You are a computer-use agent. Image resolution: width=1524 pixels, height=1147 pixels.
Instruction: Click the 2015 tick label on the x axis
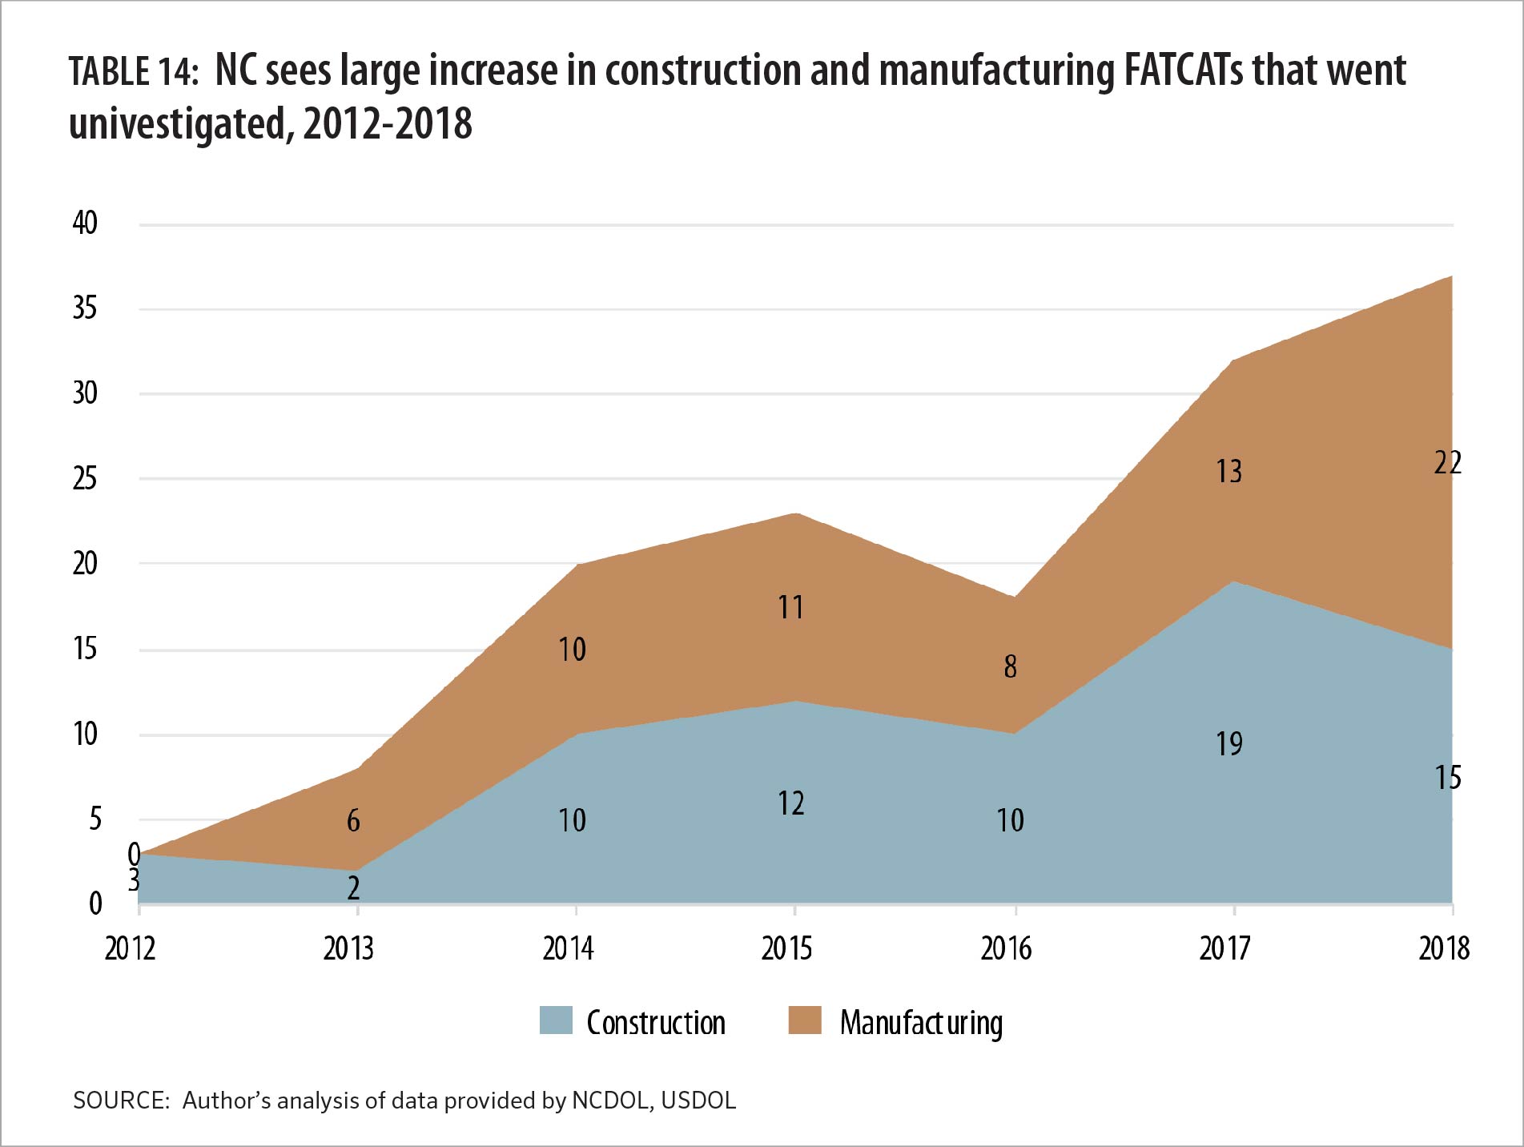pos(786,948)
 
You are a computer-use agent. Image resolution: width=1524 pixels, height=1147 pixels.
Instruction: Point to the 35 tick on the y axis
pos(85,308)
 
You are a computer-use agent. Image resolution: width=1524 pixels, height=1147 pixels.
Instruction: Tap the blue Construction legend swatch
pos(556,1020)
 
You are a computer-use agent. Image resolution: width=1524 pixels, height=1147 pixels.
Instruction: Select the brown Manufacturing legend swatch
pos(804,1020)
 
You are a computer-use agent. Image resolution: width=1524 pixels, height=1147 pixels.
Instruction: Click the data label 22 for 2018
pos(1447,463)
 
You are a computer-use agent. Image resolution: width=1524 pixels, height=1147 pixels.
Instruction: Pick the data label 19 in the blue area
pos(1229,744)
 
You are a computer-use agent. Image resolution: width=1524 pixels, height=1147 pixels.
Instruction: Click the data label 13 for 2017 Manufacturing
pos(1229,471)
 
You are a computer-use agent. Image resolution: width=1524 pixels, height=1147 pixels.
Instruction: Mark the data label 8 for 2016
pos(1010,666)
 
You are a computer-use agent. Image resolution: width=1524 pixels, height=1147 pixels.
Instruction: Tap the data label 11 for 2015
pos(790,607)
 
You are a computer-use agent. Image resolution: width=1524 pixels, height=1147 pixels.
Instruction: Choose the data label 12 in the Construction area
pos(790,803)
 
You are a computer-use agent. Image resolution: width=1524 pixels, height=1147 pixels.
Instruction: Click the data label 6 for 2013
pos(353,820)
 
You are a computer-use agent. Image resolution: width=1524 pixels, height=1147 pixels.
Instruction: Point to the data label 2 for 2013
pos(353,887)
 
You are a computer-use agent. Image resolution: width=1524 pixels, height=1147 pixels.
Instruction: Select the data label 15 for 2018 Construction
pos(1447,778)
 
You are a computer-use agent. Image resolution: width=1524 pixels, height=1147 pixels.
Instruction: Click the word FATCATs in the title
pos(1184,70)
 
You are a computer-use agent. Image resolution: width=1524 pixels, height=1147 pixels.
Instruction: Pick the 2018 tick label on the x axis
pos(1444,948)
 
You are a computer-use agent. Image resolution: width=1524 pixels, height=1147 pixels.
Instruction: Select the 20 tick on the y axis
pos(85,563)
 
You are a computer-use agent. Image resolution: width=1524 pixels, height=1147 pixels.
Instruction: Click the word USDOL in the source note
pos(698,1101)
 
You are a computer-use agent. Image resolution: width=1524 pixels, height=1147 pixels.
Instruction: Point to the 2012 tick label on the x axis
pos(130,948)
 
